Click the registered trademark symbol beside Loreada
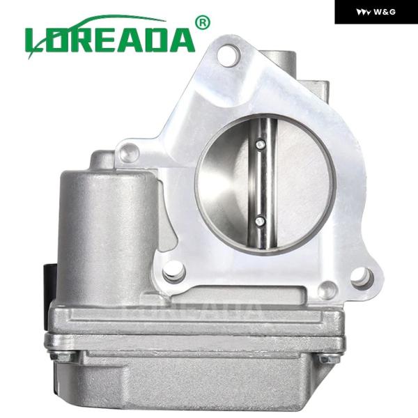pyautogui.click(x=203, y=23)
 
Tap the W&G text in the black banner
pyautogui.click(x=385, y=12)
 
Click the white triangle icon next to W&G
pyautogui.click(x=364, y=13)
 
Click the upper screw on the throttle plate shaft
pyautogui.click(x=260, y=145)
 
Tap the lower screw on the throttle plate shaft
pyautogui.click(x=260, y=221)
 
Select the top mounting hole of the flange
pyautogui.click(x=229, y=56)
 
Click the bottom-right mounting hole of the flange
pyautogui.click(x=362, y=278)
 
